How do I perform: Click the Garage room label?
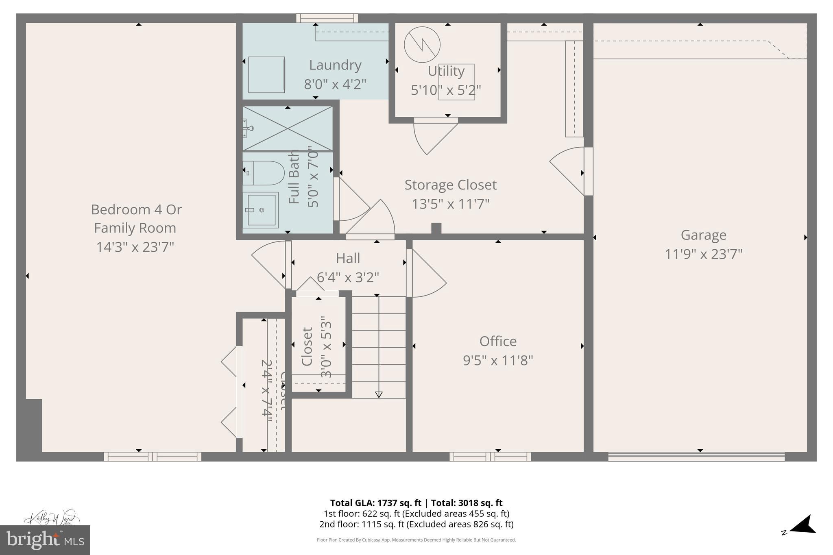point(703,235)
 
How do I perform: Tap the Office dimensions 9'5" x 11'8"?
point(498,360)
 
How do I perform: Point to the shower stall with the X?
point(288,128)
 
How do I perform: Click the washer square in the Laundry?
point(266,75)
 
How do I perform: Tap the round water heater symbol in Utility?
point(422,45)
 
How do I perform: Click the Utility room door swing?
point(433,136)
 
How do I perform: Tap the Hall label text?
point(348,259)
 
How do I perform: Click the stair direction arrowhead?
point(379,394)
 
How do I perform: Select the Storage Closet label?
point(450,185)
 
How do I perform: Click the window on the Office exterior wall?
point(490,457)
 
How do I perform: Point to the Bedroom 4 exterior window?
point(153,457)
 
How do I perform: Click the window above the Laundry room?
point(327,18)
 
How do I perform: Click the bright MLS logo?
point(45,540)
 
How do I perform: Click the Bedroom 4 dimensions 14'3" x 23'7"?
point(135,247)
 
